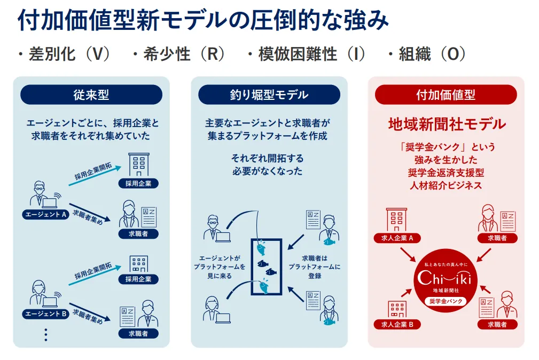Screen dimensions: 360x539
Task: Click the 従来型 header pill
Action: coord(91,95)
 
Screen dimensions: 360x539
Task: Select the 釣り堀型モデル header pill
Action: coord(269,95)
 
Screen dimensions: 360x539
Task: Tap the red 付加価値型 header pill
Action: coord(446,95)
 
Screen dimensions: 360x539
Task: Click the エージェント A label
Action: coord(45,215)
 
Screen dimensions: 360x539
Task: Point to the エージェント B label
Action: coord(45,314)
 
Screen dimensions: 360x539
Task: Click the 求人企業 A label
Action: coord(397,238)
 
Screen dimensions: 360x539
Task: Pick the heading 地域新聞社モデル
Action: coord(446,124)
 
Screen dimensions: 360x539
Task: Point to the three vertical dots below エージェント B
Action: coord(46,334)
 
